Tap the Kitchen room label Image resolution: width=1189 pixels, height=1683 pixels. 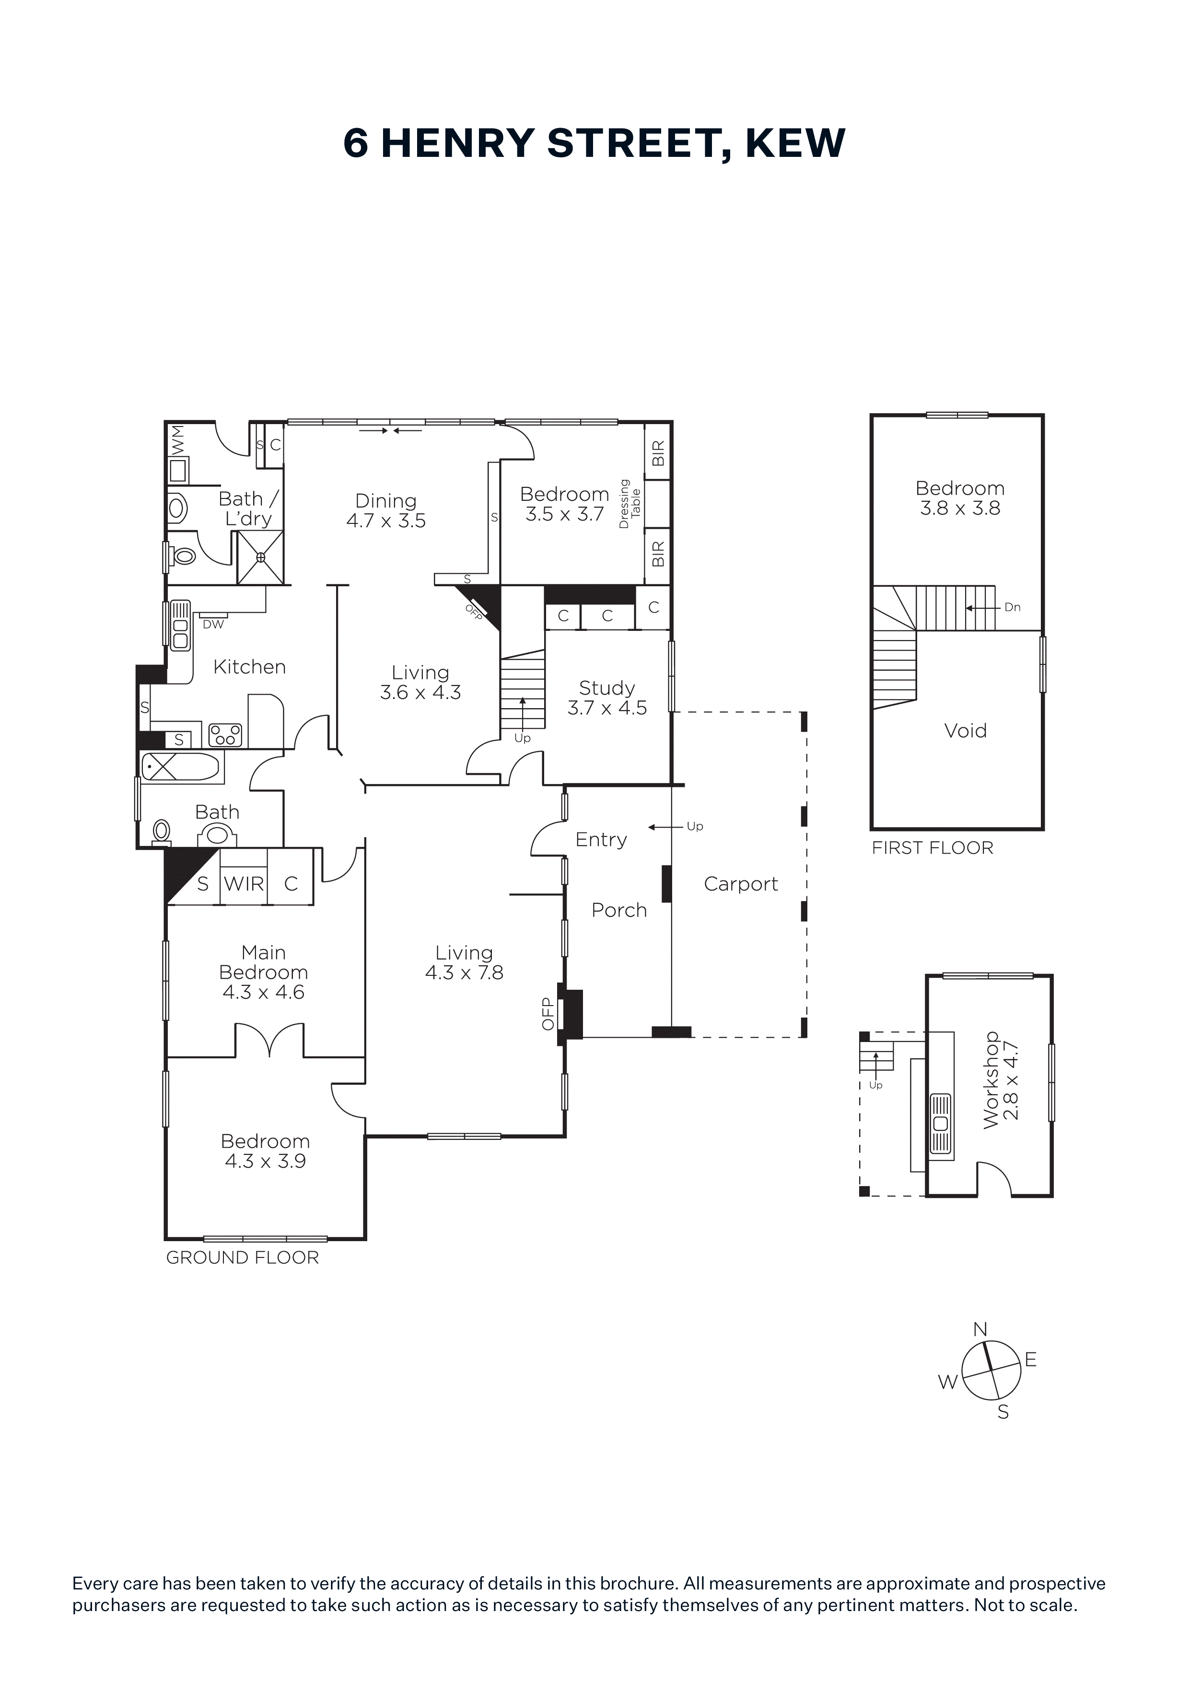pyautogui.click(x=249, y=666)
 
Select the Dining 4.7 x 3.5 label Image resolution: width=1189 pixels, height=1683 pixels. pyautogui.click(x=386, y=511)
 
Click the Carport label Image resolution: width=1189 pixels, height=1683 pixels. pyautogui.click(x=741, y=884)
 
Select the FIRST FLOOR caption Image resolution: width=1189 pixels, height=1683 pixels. pyautogui.click(x=933, y=848)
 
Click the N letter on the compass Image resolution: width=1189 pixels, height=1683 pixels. pyautogui.click(x=980, y=1329)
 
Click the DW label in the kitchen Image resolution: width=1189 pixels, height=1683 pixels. pyautogui.click(x=213, y=625)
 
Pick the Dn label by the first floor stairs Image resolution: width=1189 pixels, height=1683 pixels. pyautogui.click(x=1013, y=607)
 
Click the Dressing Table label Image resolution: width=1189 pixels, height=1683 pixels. pyautogui.click(x=630, y=504)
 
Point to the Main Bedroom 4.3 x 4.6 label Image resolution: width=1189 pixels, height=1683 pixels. pyautogui.click(x=264, y=972)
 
